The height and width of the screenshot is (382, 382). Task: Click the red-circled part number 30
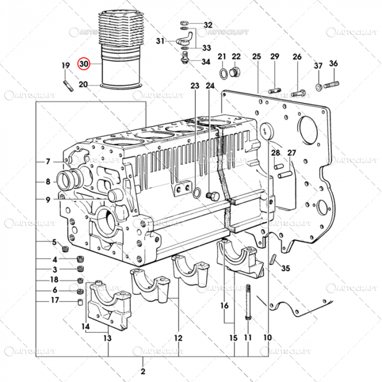click(x=83, y=64)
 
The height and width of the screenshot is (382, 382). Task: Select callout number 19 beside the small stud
click(x=65, y=66)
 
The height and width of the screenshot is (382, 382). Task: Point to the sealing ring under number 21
click(x=224, y=73)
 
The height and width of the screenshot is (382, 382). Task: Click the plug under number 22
click(x=236, y=72)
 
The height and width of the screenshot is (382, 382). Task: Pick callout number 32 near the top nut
click(x=208, y=25)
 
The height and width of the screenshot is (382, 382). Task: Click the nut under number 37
click(x=318, y=87)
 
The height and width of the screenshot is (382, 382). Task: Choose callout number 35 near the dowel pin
click(x=286, y=268)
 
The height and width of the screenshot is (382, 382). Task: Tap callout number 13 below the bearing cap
click(x=108, y=338)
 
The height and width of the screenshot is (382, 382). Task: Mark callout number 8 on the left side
click(x=47, y=182)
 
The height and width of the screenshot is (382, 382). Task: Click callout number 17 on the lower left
click(x=55, y=300)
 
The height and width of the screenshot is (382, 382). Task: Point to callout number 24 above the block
click(x=210, y=86)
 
